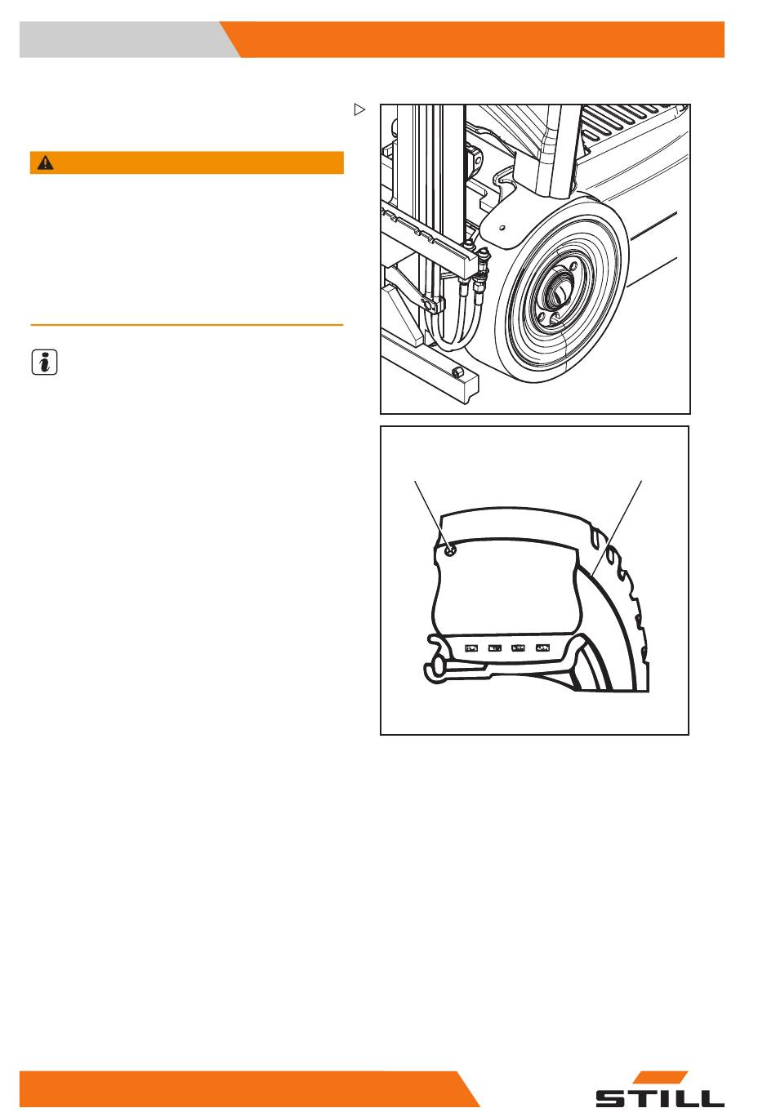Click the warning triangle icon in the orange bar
45,162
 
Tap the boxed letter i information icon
44,362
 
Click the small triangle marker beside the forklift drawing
359,109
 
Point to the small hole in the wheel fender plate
502,228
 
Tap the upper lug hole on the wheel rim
573,266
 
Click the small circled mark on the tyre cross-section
451,550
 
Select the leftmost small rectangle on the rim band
471,648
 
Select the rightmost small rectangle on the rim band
542,648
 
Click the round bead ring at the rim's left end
433,666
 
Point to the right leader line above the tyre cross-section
617,528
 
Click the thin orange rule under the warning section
187,325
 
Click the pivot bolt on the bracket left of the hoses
427,303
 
